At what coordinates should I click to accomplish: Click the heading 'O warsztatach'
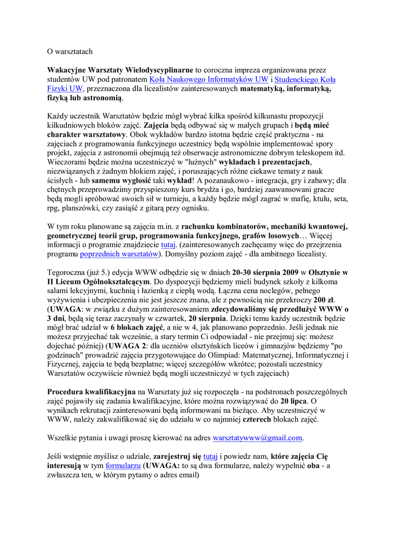click(70, 52)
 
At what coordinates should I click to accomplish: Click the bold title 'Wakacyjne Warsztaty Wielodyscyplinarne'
click(120, 70)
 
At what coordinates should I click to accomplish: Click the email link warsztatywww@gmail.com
click(257, 437)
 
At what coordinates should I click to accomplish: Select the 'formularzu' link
click(124, 465)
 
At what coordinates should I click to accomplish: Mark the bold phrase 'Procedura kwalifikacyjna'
click(91, 392)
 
